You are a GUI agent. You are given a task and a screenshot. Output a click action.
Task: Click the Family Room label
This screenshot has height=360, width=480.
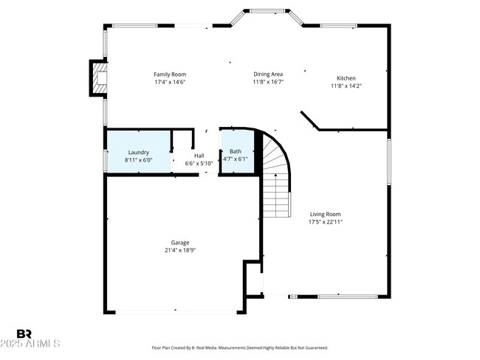(x=169, y=74)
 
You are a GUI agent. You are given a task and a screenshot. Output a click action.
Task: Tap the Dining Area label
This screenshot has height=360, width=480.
(x=268, y=74)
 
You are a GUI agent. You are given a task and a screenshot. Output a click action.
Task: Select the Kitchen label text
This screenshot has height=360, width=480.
(x=346, y=77)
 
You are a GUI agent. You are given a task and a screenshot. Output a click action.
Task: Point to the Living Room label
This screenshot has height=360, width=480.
(x=325, y=213)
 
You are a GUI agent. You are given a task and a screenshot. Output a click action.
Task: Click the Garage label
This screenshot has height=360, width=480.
(x=180, y=242)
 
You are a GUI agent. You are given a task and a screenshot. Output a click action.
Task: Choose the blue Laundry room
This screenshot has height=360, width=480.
(x=139, y=151)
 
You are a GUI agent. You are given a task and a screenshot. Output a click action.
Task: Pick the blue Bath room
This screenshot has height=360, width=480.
(x=236, y=151)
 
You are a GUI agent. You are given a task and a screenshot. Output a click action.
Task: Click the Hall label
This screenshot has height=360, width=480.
(x=199, y=156)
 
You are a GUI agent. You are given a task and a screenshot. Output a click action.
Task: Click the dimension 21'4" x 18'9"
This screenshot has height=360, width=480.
(x=180, y=250)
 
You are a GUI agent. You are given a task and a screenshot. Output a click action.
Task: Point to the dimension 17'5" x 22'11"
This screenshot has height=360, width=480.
(x=325, y=221)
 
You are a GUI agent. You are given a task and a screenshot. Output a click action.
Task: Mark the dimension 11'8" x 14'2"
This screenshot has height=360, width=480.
(x=346, y=86)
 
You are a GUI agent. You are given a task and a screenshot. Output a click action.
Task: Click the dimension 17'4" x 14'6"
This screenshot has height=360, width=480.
(x=169, y=82)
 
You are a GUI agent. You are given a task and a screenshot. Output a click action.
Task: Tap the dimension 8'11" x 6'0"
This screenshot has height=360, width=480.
(x=139, y=159)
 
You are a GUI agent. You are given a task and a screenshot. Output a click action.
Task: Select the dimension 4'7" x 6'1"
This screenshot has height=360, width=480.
(x=236, y=159)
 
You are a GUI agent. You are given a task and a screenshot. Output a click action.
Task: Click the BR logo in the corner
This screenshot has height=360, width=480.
(x=24, y=333)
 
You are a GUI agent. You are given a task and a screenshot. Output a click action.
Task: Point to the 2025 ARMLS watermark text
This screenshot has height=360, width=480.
(x=31, y=345)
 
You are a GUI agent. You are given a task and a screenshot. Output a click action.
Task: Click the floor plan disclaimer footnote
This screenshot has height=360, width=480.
(x=239, y=347)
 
